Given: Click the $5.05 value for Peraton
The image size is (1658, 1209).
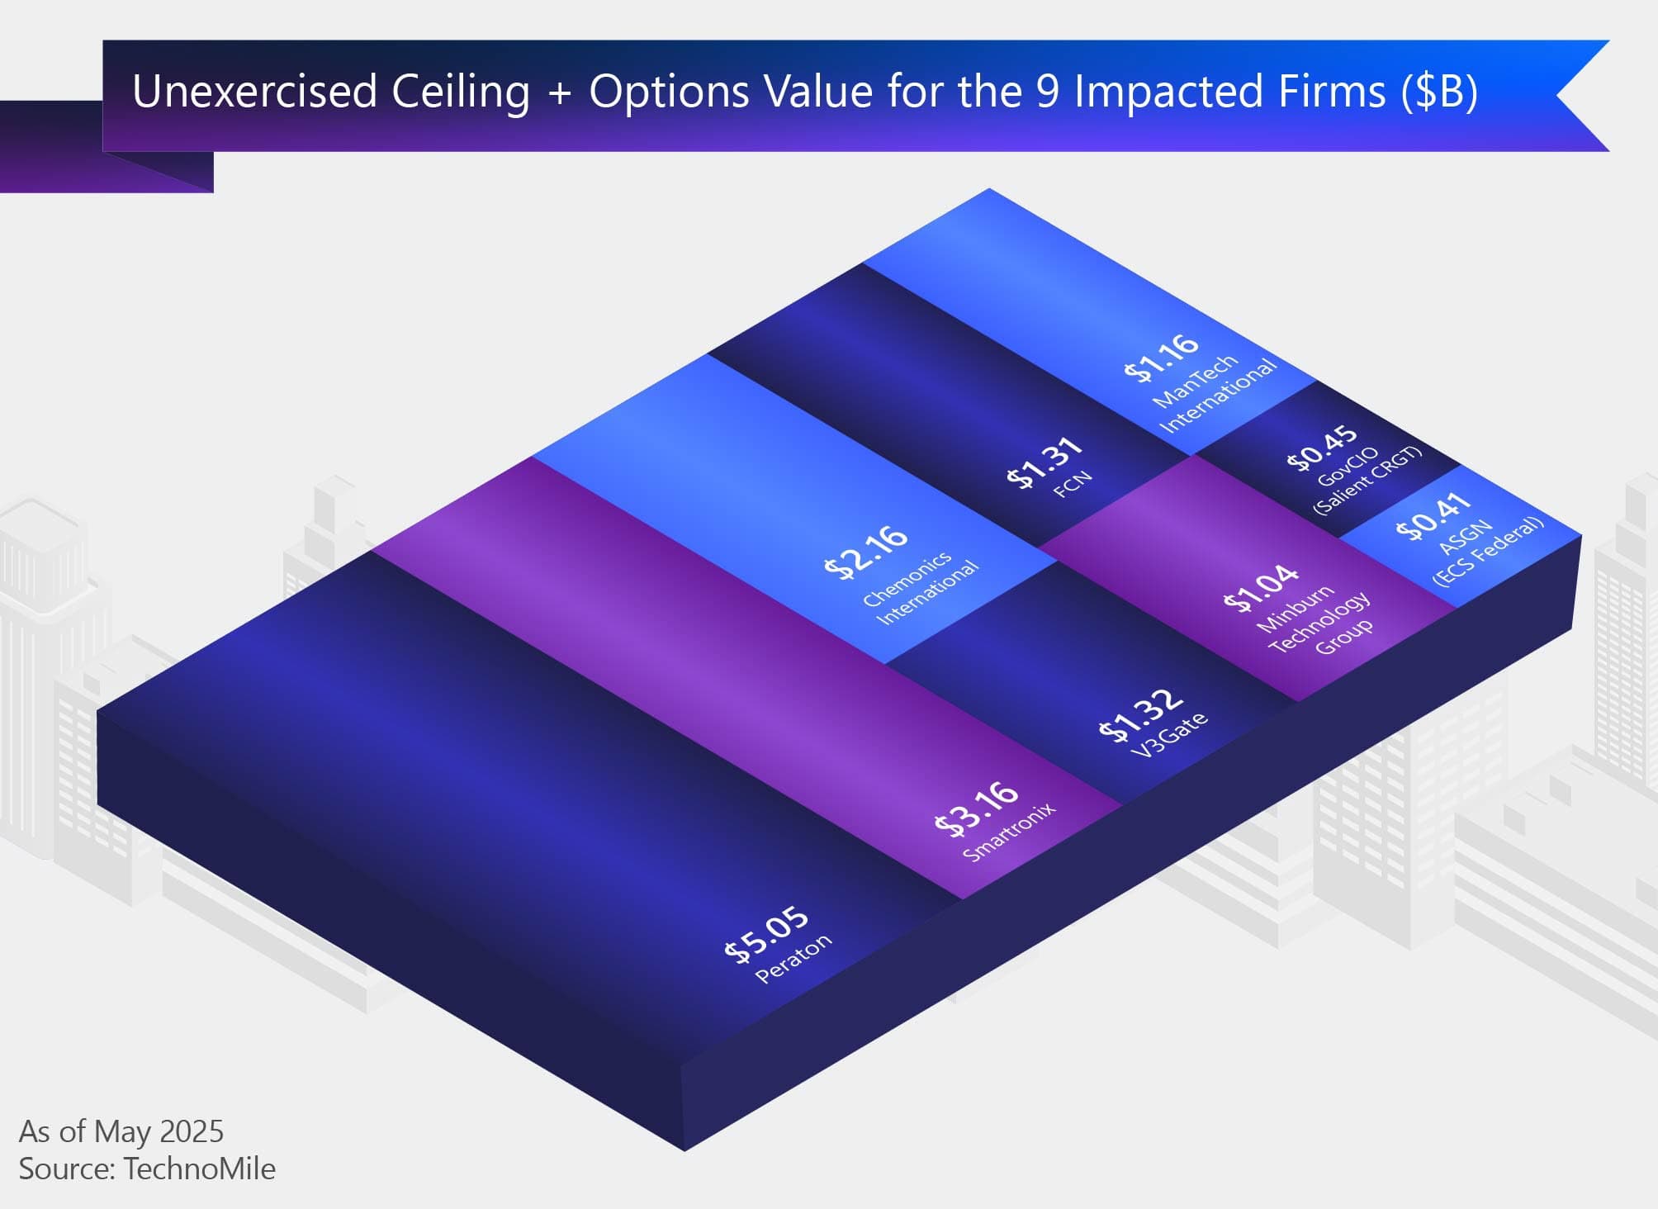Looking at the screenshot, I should coord(766,933).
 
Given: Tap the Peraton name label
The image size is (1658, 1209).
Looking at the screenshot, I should coord(793,958).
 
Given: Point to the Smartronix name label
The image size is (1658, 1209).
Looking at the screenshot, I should coord(1009,832).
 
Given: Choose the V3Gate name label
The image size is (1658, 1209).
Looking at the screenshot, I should coord(1169,734).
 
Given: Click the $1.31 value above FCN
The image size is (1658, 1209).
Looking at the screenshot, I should coord(1045,462).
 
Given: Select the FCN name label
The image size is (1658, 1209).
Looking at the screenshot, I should coord(1073,483).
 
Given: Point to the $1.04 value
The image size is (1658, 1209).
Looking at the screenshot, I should coord(1261,587).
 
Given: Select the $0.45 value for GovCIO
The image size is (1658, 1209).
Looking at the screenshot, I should coord(1322,448).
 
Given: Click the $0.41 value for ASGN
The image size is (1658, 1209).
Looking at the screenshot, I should coord(1433,516).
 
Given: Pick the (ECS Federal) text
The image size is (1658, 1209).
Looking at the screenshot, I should coord(1488,551).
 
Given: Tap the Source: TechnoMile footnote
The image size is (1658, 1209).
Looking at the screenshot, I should coord(147,1169).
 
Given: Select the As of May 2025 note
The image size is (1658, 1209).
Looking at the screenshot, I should coord(121,1131).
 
